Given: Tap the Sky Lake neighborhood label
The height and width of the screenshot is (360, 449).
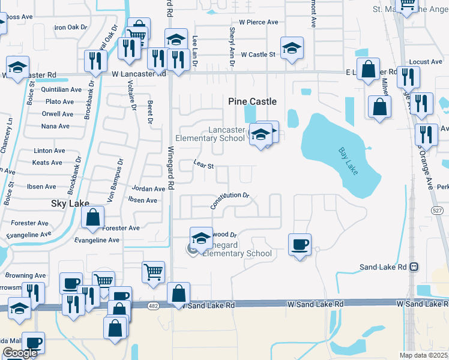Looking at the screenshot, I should [70, 204].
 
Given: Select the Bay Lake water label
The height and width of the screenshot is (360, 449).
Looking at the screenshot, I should [348, 161].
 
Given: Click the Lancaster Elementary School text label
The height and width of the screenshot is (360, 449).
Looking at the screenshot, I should [226, 134].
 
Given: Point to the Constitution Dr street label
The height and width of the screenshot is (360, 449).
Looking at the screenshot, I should [229, 200].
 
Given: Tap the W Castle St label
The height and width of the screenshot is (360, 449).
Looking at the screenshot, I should [258, 55].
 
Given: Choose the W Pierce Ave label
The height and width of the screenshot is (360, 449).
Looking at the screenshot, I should [258, 22].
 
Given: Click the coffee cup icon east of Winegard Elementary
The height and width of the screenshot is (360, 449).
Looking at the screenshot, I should [300, 244].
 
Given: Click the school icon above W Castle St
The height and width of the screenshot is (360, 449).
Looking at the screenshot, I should [292, 47].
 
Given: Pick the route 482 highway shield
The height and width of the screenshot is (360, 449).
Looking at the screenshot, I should [154, 305].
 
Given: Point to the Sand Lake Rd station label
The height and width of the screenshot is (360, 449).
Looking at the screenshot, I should [383, 266].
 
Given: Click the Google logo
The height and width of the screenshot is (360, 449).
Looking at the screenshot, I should [20, 353].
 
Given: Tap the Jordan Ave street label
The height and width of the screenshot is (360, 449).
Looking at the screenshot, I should [148, 189].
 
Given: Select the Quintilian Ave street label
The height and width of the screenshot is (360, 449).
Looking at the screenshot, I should [61, 89].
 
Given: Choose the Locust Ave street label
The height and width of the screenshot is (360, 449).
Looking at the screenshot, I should [426, 62].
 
